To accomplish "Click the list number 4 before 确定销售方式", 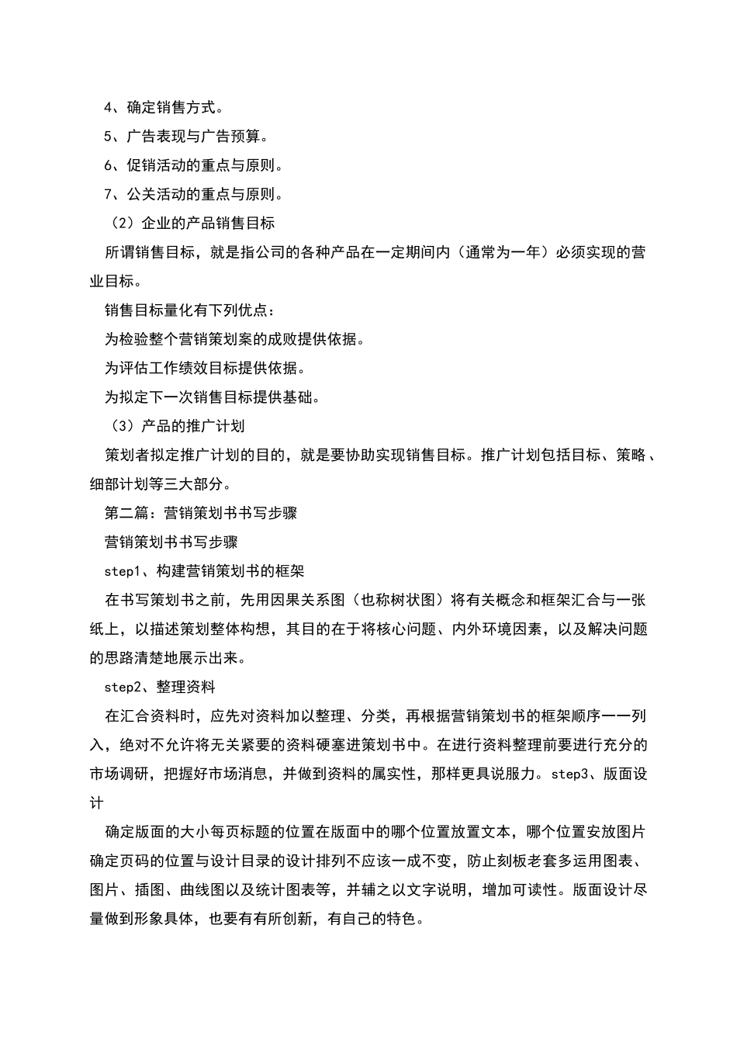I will (x=109, y=108).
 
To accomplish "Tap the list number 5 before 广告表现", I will (x=109, y=137).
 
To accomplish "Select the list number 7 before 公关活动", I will (x=109, y=195).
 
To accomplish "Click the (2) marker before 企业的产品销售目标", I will (x=123, y=223).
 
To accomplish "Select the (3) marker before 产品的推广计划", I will (x=123, y=426).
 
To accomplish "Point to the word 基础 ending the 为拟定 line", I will (x=299, y=397).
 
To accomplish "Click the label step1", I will (x=121, y=571).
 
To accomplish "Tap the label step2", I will (x=121, y=688).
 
